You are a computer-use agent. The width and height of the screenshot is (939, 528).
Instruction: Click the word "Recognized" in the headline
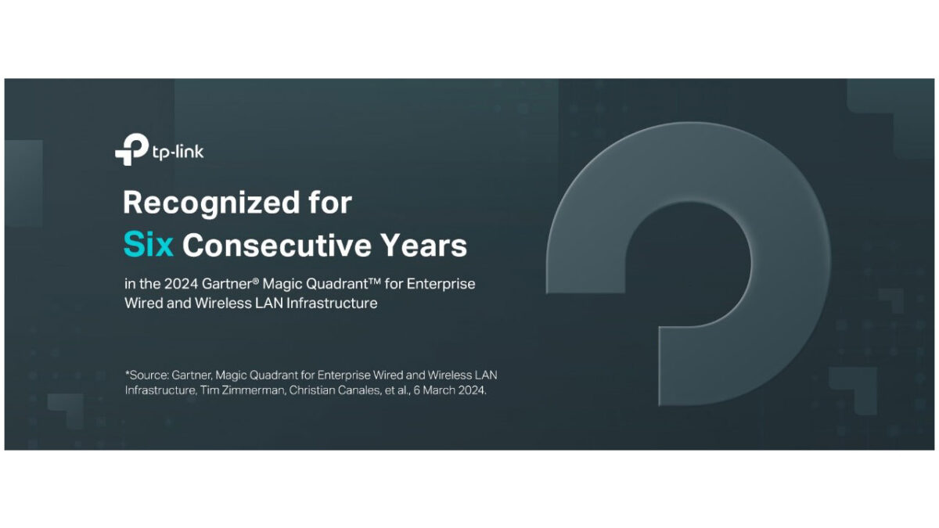(x=211, y=203)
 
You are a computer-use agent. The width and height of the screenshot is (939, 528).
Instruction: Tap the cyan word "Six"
(x=149, y=245)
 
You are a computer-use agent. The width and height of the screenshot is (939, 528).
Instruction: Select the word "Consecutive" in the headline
(x=277, y=245)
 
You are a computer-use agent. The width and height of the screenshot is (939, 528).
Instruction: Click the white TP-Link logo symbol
(x=131, y=149)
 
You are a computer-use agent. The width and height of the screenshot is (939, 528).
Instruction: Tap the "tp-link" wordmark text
(x=178, y=152)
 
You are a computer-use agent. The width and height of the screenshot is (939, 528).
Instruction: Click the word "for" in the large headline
(x=330, y=203)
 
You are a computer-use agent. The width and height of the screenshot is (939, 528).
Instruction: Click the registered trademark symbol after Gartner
(x=256, y=279)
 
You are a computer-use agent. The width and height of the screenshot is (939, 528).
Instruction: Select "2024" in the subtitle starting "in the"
(x=181, y=284)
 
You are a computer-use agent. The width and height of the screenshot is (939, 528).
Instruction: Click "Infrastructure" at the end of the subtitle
(x=332, y=303)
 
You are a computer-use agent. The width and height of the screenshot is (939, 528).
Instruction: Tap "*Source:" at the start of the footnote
(x=147, y=375)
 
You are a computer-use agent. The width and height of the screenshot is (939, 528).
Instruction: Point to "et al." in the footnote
(x=398, y=390)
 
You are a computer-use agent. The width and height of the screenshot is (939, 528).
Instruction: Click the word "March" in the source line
(x=438, y=390)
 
